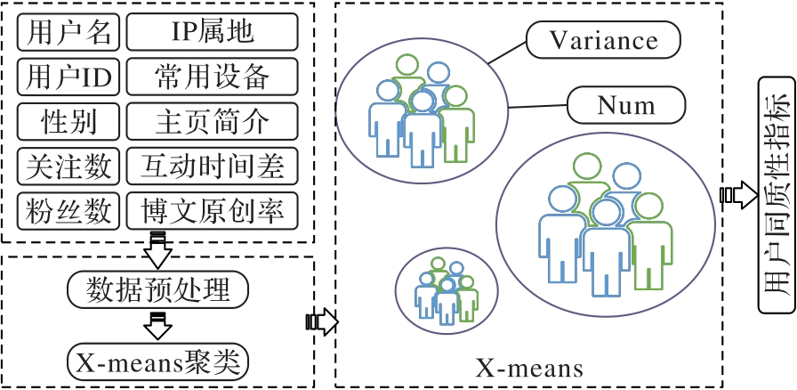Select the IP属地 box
tap(212, 33)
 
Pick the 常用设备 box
tap(212, 77)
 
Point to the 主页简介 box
tap(212, 120)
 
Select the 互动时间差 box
tap(212, 166)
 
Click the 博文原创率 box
tap(212, 210)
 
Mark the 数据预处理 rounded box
tap(158, 289)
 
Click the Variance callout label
tap(603, 39)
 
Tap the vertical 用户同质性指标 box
tap(773, 193)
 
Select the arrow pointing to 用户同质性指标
tap(736, 194)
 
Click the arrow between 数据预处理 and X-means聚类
tap(158, 326)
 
